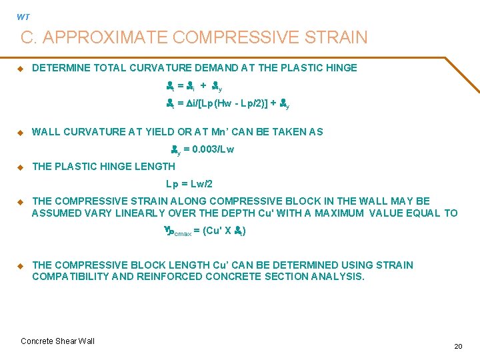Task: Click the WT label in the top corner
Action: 23,17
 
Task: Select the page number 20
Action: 458,346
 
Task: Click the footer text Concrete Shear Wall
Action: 58,341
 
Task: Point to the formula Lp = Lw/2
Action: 189,184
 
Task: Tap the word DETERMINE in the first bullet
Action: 60,68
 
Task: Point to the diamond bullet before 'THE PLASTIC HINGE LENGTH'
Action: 20,167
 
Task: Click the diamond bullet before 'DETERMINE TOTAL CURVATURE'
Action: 20,68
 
